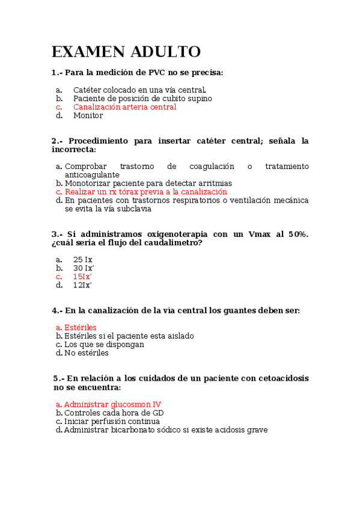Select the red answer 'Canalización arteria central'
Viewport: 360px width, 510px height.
124,107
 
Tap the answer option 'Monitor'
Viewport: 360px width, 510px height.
88,115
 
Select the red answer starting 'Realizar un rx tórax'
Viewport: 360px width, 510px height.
145,192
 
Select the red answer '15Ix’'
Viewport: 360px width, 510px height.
82,277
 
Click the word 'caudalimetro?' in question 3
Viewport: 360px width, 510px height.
174,243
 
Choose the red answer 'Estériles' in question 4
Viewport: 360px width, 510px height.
80,328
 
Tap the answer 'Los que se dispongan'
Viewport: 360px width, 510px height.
104,345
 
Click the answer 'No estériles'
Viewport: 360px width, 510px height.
87,353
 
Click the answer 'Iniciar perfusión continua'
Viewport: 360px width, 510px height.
112,422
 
